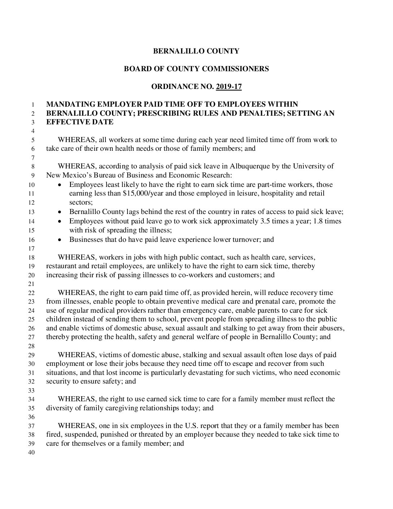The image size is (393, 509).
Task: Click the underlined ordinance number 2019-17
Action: [x=229, y=86]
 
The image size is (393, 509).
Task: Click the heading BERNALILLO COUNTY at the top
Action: [x=196, y=51]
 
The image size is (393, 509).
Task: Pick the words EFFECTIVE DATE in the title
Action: [x=80, y=122]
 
